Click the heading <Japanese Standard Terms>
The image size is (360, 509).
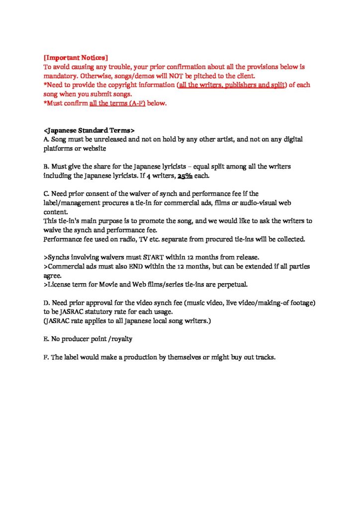[x=89, y=131]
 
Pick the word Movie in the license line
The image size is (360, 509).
[x=104, y=285]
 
